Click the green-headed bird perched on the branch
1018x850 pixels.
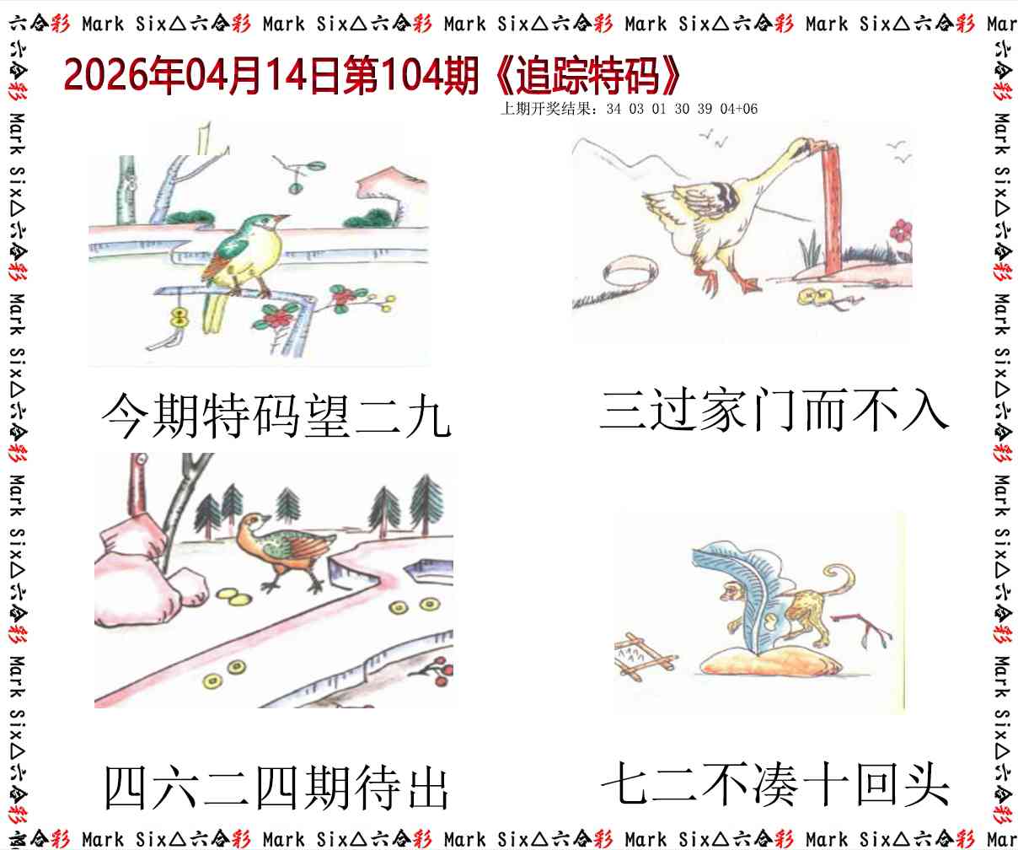click(x=244, y=259)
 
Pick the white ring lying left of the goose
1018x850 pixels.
click(x=630, y=272)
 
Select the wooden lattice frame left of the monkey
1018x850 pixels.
click(x=644, y=655)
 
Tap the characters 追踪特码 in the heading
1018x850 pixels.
click(x=588, y=76)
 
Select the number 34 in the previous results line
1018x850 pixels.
click(x=613, y=108)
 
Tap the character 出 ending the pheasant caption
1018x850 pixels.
click(x=428, y=788)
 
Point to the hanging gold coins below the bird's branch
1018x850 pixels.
click(x=179, y=318)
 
